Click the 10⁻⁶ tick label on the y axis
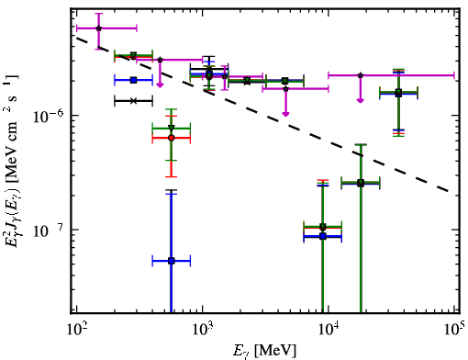[x=49, y=116]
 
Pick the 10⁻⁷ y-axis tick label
[x=49, y=231]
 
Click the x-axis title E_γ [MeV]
[x=264, y=351]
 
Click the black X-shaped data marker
[x=133, y=101]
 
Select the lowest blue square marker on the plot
[x=172, y=261]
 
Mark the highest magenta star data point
[x=98, y=28]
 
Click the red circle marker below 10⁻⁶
[x=172, y=138]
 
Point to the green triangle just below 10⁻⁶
[x=172, y=128]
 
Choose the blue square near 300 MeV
[x=133, y=80]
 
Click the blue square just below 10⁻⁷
[x=323, y=236]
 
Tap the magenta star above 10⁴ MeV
[x=361, y=75]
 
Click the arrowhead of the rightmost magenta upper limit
[x=361, y=100]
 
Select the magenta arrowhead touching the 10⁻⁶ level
[x=285, y=114]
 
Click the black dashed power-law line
[x=263, y=115]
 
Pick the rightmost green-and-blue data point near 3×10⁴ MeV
[x=398, y=93]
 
